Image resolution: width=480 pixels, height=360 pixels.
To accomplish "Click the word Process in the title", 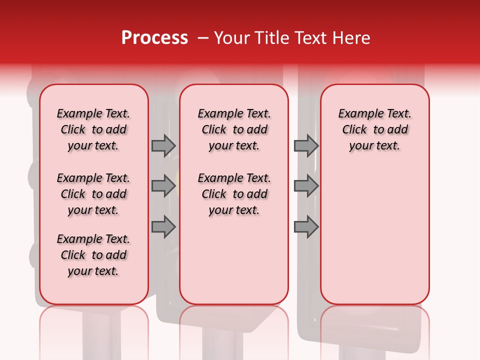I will click(x=154, y=38).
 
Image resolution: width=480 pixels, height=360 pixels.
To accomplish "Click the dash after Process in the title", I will click(x=202, y=38).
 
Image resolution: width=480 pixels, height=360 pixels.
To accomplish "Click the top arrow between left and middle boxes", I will click(x=163, y=145).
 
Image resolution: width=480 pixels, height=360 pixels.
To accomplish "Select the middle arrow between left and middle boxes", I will click(x=163, y=186).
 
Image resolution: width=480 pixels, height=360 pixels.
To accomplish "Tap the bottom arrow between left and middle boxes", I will click(x=163, y=226).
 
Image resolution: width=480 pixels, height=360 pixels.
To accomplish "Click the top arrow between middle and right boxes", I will click(x=306, y=145).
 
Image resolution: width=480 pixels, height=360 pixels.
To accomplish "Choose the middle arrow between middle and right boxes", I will click(x=306, y=186).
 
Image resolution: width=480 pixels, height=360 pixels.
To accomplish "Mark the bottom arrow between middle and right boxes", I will click(x=306, y=226).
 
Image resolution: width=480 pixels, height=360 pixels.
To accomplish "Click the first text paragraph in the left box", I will click(x=93, y=129).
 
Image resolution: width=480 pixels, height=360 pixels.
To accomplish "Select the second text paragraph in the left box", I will click(x=93, y=194).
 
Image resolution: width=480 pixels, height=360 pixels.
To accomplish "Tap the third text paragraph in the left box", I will click(x=93, y=255).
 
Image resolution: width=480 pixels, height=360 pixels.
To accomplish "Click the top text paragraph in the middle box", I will click(x=234, y=129).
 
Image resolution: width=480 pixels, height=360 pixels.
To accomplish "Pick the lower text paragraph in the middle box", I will click(x=234, y=194).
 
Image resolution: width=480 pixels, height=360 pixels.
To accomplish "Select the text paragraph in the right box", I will click(x=375, y=129).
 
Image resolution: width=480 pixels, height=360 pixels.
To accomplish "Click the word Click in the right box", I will click(x=354, y=129).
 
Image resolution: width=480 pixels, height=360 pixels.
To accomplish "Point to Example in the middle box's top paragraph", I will click(x=217, y=113).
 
